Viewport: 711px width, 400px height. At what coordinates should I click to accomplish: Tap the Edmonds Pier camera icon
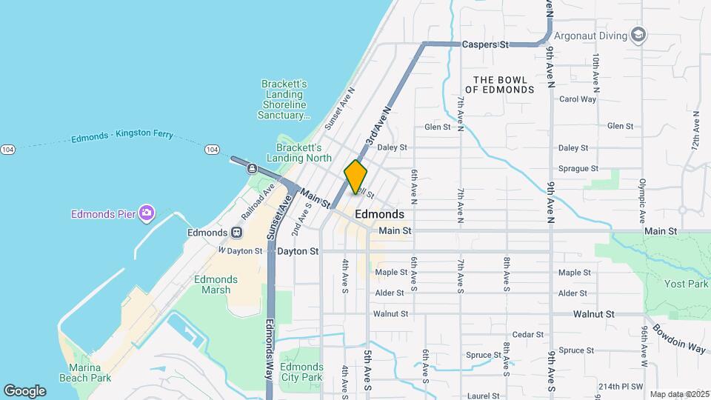tap(147, 214)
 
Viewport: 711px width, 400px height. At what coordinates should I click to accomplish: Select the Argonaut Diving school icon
tap(638, 35)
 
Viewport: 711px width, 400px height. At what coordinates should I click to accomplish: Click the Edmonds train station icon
tap(236, 233)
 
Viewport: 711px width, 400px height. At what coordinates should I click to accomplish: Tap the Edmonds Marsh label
tap(216, 284)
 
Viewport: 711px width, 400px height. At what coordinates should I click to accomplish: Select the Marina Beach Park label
tap(90, 373)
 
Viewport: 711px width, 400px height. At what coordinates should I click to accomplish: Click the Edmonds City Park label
tap(302, 372)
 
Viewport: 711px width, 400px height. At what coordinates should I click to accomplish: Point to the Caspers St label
tap(484, 44)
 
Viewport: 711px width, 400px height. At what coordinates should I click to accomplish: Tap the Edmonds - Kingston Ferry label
tap(122, 136)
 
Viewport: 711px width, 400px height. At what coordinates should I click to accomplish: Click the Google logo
tap(24, 390)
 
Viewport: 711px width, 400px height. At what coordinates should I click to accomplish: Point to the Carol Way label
tap(578, 99)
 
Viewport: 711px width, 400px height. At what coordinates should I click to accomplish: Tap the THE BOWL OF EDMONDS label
tap(504, 84)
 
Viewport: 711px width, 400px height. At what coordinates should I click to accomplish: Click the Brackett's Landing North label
tap(304, 152)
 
